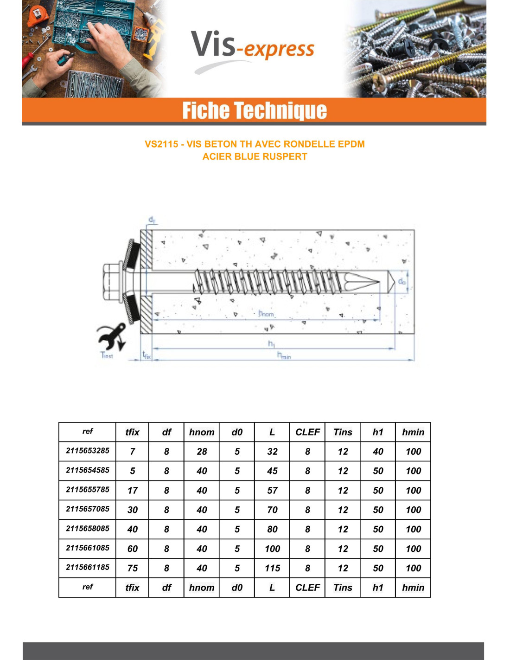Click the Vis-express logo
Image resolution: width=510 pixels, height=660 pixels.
point(253,48)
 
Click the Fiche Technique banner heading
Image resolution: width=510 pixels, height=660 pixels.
point(254,110)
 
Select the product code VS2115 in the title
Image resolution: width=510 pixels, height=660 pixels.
point(161,144)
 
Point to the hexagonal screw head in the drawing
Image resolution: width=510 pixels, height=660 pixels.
point(112,282)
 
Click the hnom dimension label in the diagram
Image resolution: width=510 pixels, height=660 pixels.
point(266,314)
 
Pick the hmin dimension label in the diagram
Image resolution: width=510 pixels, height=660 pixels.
point(284,356)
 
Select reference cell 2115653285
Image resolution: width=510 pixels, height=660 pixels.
point(87,451)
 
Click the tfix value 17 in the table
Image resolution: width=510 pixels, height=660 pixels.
point(133,491)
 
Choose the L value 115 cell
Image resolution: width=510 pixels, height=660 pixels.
point(272,568)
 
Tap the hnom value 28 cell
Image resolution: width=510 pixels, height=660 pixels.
point(202,452)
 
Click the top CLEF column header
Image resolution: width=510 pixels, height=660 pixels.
point(307,432)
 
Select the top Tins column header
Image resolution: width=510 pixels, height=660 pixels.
point(343,432)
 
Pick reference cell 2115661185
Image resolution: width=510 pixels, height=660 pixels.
point(87,567)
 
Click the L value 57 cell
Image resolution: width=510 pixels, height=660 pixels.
point(272,491)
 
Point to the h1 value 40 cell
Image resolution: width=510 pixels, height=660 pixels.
point(378,452)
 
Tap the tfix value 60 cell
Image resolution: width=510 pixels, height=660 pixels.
point(133,549)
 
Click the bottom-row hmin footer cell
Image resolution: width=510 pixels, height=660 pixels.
point(413,588)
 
